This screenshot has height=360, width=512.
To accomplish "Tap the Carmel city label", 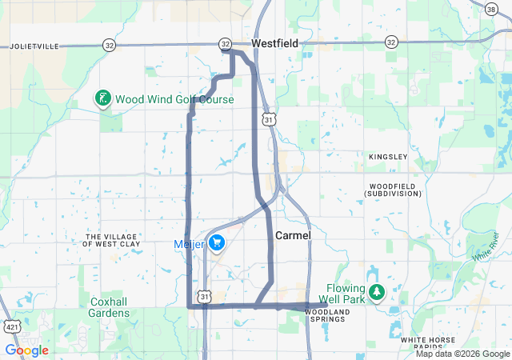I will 292,236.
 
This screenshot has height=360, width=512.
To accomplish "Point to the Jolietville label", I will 35,47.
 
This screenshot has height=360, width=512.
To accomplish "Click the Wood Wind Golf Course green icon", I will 102,99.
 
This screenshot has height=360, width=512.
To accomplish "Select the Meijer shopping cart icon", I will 217,242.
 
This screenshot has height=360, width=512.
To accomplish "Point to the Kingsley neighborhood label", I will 388,157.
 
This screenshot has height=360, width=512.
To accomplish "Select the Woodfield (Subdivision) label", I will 393,190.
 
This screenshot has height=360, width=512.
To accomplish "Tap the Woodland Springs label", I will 329,314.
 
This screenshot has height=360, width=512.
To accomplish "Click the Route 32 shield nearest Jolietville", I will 109,46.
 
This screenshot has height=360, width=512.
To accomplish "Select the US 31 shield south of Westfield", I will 270,119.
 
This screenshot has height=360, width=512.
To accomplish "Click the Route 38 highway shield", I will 490,8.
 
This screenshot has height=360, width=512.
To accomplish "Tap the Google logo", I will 26,350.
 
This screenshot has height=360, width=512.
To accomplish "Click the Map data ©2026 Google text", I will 462,354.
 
